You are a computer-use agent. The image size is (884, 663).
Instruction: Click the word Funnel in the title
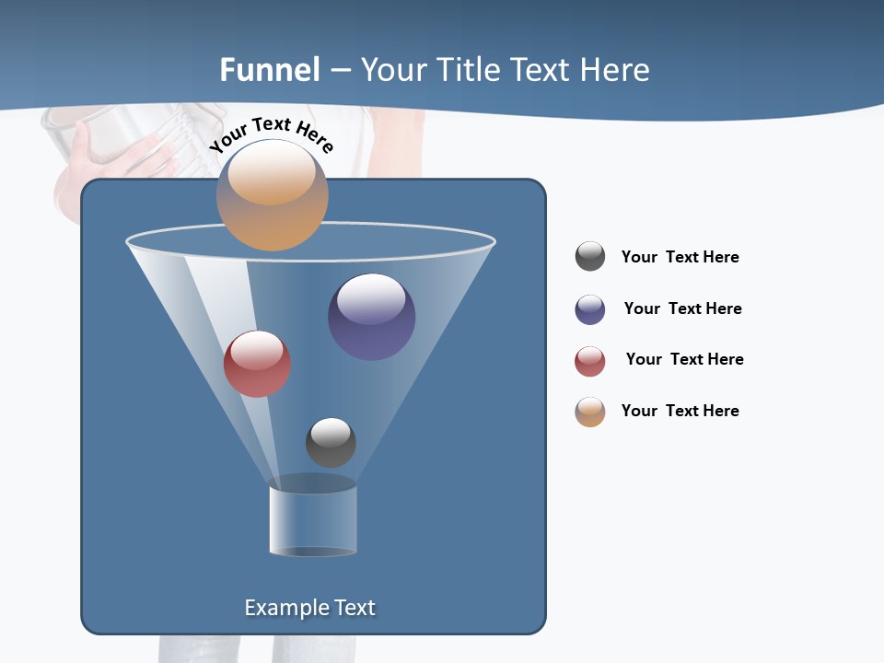pyautogui.click(x=270, y=70)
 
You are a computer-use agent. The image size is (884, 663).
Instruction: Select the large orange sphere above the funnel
pyautogui.click(x=273, y=195)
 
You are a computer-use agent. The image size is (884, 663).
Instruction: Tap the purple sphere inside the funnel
pyautogui.click(x=372, y=317)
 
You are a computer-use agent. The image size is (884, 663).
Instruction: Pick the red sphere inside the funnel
pyautogui.click(x=257, y=364)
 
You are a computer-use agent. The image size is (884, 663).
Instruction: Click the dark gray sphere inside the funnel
pyautogui.click(x=331, y=443)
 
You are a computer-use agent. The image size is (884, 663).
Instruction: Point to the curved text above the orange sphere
pyautogui.click(x=271, y=134)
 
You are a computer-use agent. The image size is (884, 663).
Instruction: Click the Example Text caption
pyautogui.click(x=309, y=608)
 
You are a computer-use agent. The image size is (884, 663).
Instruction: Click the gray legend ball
pyautogui.click(x=590, y=257)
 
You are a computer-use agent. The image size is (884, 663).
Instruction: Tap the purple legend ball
pyautogui.click(x=590, y=309)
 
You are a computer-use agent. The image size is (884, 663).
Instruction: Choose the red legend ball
pyautogui.click(x=590, y=361)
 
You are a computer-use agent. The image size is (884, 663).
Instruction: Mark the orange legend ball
pyautogui.click(x=590, y=412)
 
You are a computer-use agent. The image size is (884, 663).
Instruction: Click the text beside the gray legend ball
pyautogui.click(x=680, y=258)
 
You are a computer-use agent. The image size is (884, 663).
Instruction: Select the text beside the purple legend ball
pyautogui.click(x=682, y=309)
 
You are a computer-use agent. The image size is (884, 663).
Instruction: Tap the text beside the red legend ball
pyautogui.click(x=684, y=360)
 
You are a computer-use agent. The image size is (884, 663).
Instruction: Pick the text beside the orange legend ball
pyautogui.click(x=680, y=412)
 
